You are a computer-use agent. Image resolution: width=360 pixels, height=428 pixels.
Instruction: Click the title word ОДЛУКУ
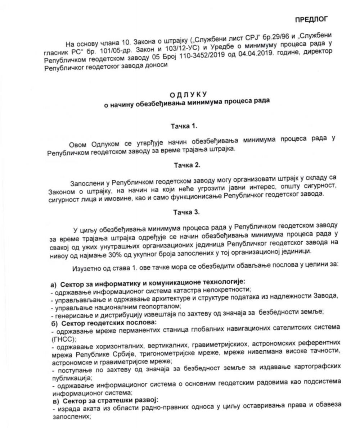[189, 95]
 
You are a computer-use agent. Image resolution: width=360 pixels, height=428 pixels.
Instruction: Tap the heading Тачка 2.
[187, 165]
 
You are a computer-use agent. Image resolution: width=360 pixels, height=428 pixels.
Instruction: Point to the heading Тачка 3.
[186, 212]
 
